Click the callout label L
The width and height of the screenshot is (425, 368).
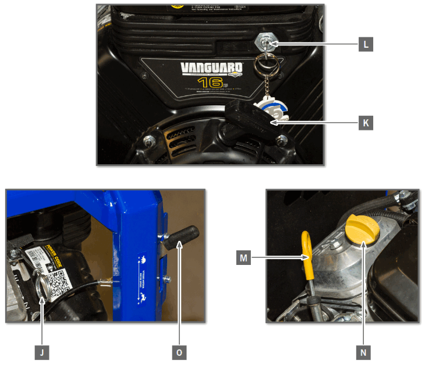click(x=366, y=44)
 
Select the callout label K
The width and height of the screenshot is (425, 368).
click(x=366, y=123)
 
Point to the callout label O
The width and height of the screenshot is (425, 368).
click(x=179, y=352)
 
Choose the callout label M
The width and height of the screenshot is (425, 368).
click(x=243, y=257)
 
